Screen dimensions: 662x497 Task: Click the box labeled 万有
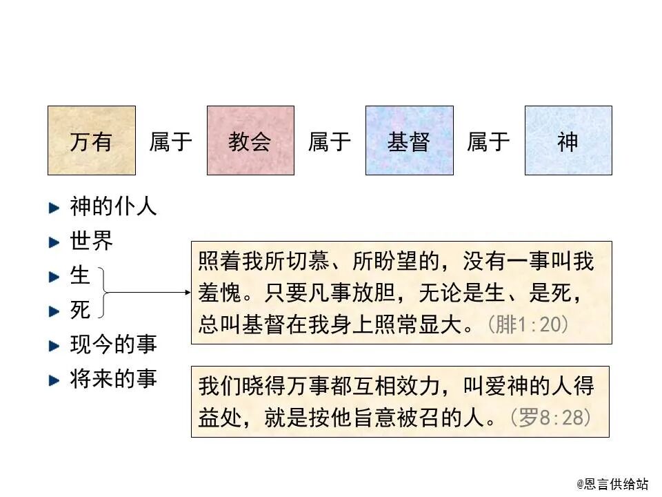(x=91, y=140)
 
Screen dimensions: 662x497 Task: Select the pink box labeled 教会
(x=250, y=140)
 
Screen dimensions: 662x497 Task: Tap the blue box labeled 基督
(x=409, y=140)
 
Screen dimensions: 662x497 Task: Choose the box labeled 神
(x=568, y=140)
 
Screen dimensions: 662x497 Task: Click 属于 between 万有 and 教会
(x=171, y=142)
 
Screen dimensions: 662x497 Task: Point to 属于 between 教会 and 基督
(x=330, y=142)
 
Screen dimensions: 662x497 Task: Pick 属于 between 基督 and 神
(x=489, y=142)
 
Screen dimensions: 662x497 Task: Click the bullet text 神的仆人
(x=114, y=206)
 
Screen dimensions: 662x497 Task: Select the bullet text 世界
(x=92, y=241)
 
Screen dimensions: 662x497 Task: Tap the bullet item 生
(x=81, y=275)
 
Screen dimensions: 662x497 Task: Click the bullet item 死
(x=81, y=310)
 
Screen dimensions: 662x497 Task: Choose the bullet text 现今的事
(x=114, y=344)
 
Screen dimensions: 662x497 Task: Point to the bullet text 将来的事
(x=114, y=378)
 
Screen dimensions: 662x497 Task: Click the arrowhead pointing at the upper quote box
(x=187, y=292)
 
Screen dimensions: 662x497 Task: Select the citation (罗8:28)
(x=550, y=418)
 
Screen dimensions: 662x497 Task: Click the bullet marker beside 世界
(x=54, y=242)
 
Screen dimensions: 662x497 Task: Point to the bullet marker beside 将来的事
(x=54, y=379)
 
